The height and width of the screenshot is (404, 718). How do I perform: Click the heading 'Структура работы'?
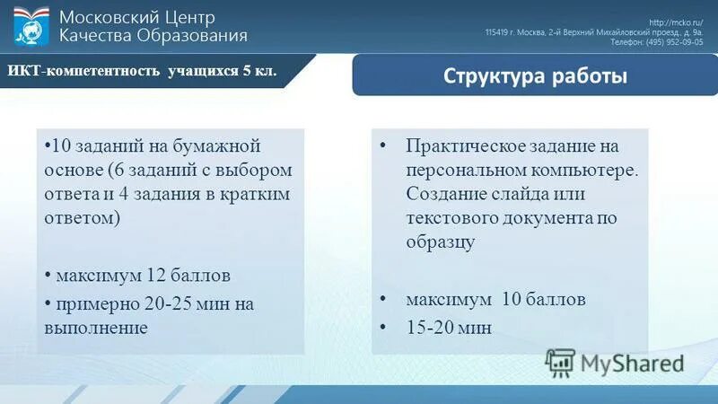[x=535, y=75]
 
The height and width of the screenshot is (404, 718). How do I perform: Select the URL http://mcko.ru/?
[x=680, y=22]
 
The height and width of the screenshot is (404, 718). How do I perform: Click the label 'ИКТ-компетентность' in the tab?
[x=84, y=71]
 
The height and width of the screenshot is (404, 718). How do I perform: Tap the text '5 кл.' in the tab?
[x=260, y=71]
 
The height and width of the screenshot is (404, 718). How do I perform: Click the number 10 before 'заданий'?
[x=60, y=146]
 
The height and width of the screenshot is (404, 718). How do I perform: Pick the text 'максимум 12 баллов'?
[x=143, y=274]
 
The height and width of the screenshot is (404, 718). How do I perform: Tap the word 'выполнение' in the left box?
[x=96, y=328]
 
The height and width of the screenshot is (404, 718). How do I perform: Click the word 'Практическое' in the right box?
[x=458, y=146]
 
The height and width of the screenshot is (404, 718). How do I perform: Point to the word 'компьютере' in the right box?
[x=593, y=170]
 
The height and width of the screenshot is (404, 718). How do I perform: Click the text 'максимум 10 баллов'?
[x=495, y=299]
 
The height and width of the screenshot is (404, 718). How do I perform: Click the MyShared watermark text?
[x=632, y=363]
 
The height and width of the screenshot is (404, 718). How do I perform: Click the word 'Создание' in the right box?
[x=442, y=194]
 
